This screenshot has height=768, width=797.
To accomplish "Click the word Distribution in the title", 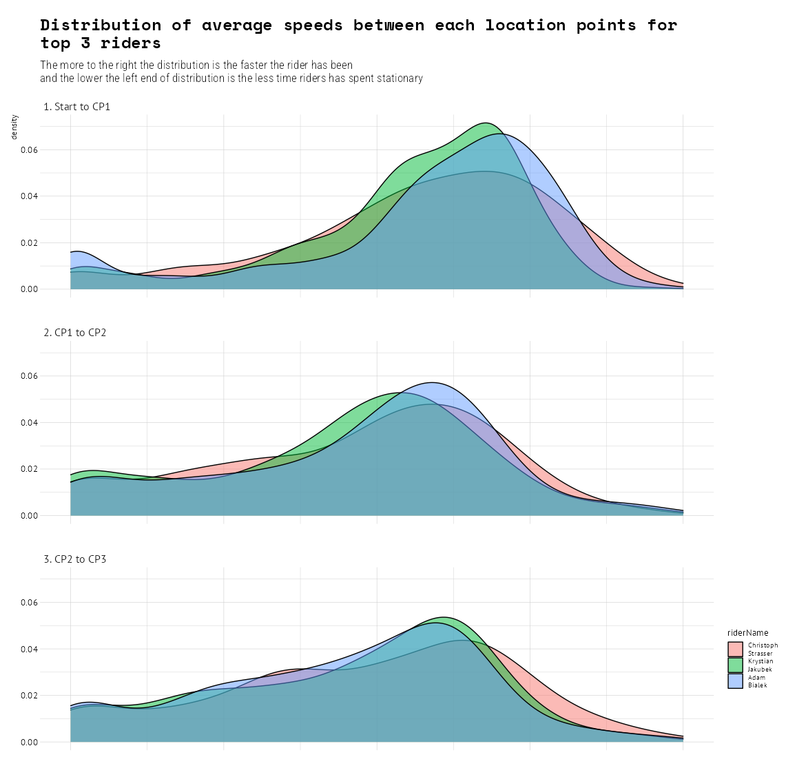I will tap(101, 25).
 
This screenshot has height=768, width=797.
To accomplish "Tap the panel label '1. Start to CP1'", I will tap(76, 107).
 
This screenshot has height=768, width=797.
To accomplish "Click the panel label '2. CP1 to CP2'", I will tap(74, 333).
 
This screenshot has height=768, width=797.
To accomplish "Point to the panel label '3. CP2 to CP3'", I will tap(74, 559).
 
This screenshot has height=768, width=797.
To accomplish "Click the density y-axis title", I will tap(14, 127).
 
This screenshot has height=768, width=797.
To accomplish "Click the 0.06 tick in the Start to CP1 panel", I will tap(28, 150).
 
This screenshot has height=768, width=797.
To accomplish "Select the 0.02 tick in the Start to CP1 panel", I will tap(28, 243).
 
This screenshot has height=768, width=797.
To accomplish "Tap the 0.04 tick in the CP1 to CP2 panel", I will tap(28, 423).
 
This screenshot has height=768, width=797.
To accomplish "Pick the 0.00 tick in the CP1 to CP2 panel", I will tap(28, 516).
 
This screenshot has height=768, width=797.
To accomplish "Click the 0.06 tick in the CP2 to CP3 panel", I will tap(28, 603).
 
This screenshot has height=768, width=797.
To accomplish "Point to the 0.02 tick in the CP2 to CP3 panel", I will tap(28, 696).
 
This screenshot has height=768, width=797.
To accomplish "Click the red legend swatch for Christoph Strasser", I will tap(735, 649).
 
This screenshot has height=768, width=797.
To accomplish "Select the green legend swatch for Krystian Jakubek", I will tap(735, 665).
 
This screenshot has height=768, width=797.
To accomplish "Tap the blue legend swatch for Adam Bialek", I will tap(735, 681).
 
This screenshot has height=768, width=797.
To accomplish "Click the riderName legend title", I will tap(747, 633).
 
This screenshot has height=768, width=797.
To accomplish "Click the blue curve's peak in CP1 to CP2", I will tap(432, 382).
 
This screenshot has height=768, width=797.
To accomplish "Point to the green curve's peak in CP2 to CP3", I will tap(444, 617).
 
